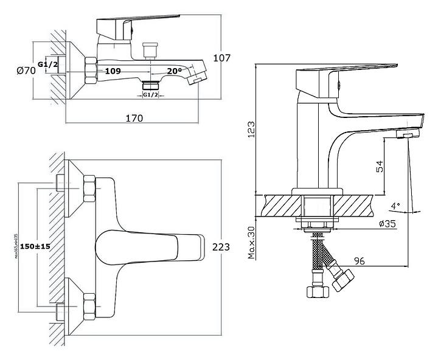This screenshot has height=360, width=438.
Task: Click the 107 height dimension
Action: tap(223, 58)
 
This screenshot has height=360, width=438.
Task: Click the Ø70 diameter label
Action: tap(26, 71)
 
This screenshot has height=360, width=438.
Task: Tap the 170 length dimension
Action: tap(134, 118)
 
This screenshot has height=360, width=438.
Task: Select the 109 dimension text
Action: tap(113, 71)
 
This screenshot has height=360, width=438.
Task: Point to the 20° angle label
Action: tap(175, 71)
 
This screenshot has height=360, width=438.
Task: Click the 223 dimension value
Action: tap(221, 247)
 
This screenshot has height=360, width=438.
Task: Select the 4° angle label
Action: tap(395, 206)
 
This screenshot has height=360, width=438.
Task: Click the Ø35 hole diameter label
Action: tap(387, 224)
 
